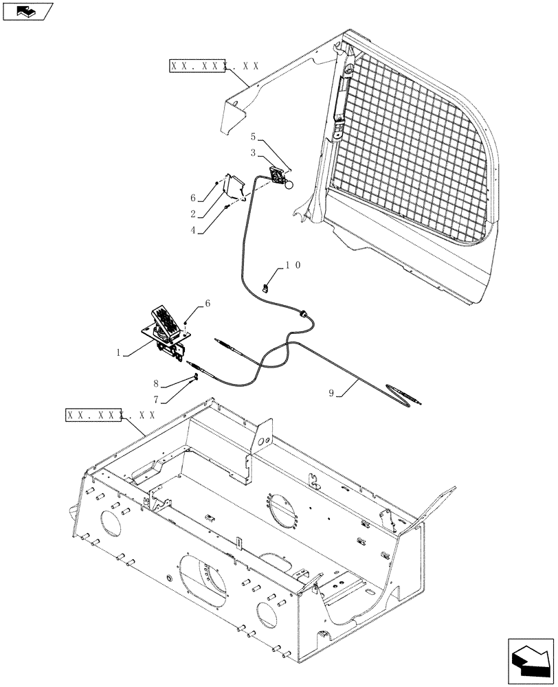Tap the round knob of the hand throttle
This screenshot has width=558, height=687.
point(290,184)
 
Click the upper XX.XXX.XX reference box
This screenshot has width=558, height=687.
point(213,67)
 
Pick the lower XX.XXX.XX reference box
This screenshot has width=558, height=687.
point(110,415)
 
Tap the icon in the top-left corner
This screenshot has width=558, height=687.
point(27,12)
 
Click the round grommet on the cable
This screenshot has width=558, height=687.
point(302,313)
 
